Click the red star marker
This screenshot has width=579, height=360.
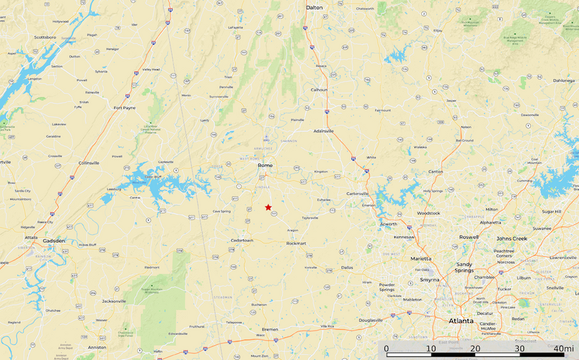[268, 207]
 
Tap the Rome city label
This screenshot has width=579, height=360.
[265, 166]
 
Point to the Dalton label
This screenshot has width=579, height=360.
[314, 7]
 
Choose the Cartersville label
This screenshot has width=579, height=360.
[357, 194]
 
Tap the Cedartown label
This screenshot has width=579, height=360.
[242, 240]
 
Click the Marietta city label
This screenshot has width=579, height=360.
[420, 258]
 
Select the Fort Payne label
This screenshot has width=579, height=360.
[125, 108]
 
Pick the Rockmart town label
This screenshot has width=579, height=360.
[296, 243]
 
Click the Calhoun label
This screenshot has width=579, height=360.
[319, 90]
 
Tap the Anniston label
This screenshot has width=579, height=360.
[97, 348]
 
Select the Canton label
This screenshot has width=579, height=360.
[435, 172]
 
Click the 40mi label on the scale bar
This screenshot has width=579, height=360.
[565, 349]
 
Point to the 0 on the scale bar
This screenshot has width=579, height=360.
[387, 349]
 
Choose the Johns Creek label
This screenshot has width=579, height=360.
[512, 238]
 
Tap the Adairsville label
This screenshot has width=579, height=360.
[324, 131]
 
